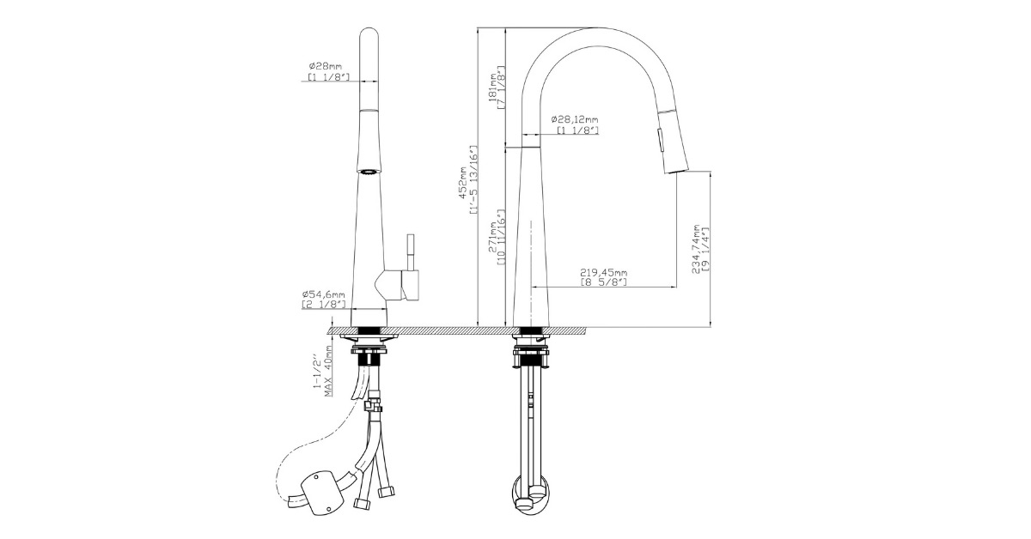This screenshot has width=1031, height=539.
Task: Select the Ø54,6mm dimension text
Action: click(x=323, y=294)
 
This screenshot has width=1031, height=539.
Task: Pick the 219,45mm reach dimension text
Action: click(x=604, y=272)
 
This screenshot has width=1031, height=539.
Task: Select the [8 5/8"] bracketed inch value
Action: click(x=604, y=282)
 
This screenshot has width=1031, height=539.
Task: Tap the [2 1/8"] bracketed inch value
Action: click(x=323, y=304)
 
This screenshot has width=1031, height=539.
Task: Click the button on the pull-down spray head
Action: click(x=661, y=136)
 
